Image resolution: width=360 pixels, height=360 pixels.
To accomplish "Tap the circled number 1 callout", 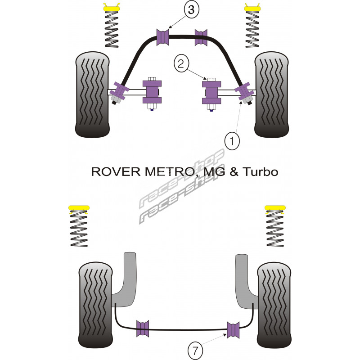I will [233, 142].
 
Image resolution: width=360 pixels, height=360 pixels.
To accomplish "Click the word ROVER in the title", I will [109, 172].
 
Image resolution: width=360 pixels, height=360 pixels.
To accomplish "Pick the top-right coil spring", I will [252, 29].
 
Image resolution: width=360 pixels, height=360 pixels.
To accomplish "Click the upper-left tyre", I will [93, 94].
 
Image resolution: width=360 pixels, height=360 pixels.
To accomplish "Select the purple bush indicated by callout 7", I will [233, 329].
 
